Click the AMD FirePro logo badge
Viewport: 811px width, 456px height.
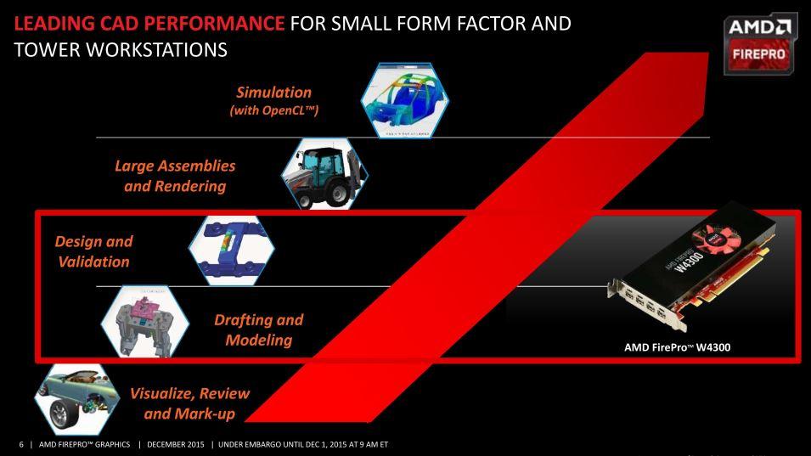click(760, 43)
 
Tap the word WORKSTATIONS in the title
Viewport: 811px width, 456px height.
click(157, 50)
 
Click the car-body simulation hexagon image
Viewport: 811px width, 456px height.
click(405, 100)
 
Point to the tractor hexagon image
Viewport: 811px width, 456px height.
click(324, 174)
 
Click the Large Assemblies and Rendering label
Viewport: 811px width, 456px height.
click(175, 176)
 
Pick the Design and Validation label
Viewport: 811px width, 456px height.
click(94, 251)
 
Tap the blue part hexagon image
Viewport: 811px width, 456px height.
click(232, 251)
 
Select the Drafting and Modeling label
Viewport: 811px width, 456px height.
click(259, 329)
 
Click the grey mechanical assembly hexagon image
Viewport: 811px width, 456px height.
click(145, 321)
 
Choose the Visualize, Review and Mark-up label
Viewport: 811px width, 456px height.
click(190, 403)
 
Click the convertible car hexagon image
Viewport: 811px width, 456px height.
click(77, 398)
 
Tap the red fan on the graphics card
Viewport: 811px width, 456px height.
click(718, 239)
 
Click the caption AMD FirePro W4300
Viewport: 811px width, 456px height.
click(678, 347)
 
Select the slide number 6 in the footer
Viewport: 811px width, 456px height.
click(21, 444)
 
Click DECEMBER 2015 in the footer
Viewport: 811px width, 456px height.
click(176, 444)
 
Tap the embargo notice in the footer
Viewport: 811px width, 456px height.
click(303, 444)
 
